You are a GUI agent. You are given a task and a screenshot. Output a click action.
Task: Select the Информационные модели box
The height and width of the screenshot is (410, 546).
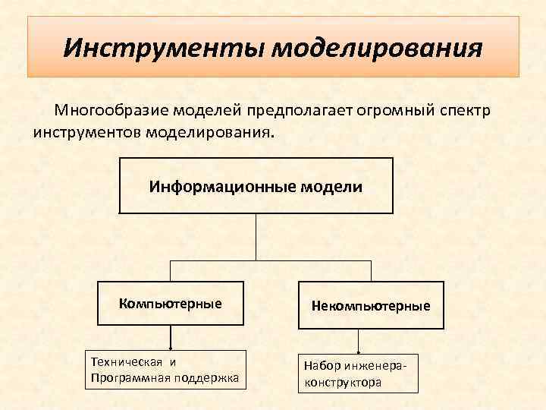(256, 185)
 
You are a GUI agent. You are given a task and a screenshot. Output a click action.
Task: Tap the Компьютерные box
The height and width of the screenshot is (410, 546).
(171, 304)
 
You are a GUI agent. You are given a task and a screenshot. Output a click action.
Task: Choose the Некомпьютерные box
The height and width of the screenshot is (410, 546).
(370, 306)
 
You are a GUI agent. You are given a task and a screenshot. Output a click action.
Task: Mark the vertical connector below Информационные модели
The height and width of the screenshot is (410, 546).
(256, 237)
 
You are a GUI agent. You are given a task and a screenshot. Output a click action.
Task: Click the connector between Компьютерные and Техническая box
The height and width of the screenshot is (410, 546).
(170, 338)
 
